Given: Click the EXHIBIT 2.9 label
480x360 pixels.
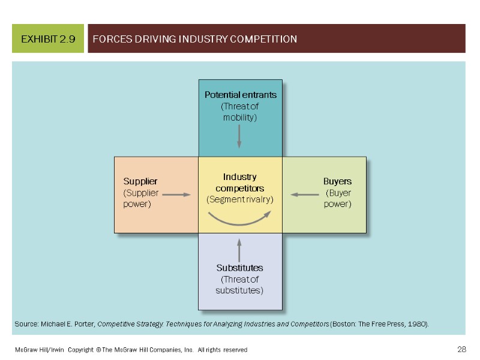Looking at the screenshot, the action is [48, 40].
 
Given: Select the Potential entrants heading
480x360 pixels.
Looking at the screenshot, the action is [240, 95].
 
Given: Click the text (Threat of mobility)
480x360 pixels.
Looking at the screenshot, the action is [239, 112].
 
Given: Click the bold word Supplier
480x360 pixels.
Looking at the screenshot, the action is [140, 181].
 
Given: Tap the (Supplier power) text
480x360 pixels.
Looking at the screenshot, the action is [140, 199].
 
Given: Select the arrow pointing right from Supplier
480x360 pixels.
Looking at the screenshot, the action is [176, 194].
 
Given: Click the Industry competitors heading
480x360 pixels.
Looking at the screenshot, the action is [240, 182].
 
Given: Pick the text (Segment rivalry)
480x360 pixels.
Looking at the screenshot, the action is [240, 199].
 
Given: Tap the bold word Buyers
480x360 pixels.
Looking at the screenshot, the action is [337, 181].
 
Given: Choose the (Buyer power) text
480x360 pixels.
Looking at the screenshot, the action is [338, 199].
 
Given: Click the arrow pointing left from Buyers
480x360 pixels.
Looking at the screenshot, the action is [305, 194].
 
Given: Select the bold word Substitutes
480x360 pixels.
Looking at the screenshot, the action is [239, 268].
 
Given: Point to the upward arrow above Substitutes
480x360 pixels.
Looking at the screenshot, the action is [239, 250].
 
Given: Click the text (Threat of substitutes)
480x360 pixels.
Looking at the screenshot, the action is [239, 285].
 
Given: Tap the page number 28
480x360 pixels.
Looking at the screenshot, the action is [461, 349].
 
